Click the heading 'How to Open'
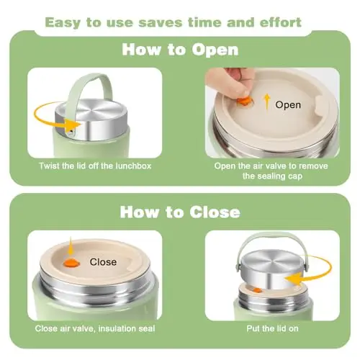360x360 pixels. click(180, 50)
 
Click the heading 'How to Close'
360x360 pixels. click(180, 212)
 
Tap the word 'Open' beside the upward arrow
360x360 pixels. click(288, 105)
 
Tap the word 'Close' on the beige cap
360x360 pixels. click(103, 262)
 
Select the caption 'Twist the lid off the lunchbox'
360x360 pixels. click(95, 166)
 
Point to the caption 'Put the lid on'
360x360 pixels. click(272, 328)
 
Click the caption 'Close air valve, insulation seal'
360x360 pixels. click(95, 328)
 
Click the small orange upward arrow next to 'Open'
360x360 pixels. click(267, 103)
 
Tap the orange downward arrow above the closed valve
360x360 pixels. click(71, 247)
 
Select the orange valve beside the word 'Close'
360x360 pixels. click(71, 263)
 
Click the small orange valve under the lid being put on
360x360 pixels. click(257, 290)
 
